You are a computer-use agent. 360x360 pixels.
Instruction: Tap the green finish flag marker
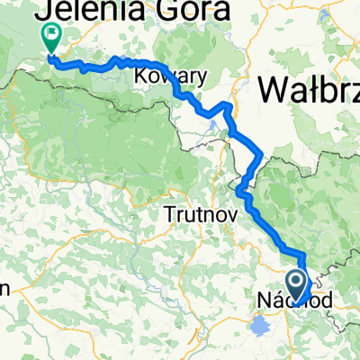50,37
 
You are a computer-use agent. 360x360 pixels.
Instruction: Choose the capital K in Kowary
139,76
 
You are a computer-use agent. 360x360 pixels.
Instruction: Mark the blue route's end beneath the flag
50,61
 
